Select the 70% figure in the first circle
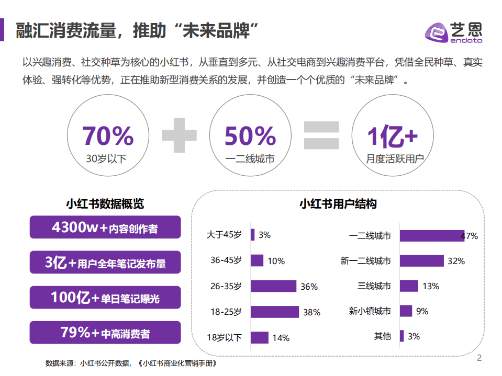pos(108,136)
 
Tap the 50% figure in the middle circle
pos(250,136)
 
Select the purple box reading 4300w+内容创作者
pos(105,228)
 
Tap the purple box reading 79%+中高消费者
pos(105,332)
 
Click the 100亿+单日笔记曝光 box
pos(105,298)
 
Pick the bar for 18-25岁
pos(275,312)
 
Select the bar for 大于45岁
pos(253,235)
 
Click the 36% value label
pos(309,287)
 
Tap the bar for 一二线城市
pos(431,235)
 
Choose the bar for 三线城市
pos(409,286)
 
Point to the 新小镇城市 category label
pos(370,312)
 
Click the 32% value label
pos(455,261)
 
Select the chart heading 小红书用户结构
pos(338,204)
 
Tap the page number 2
pos(479,358)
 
